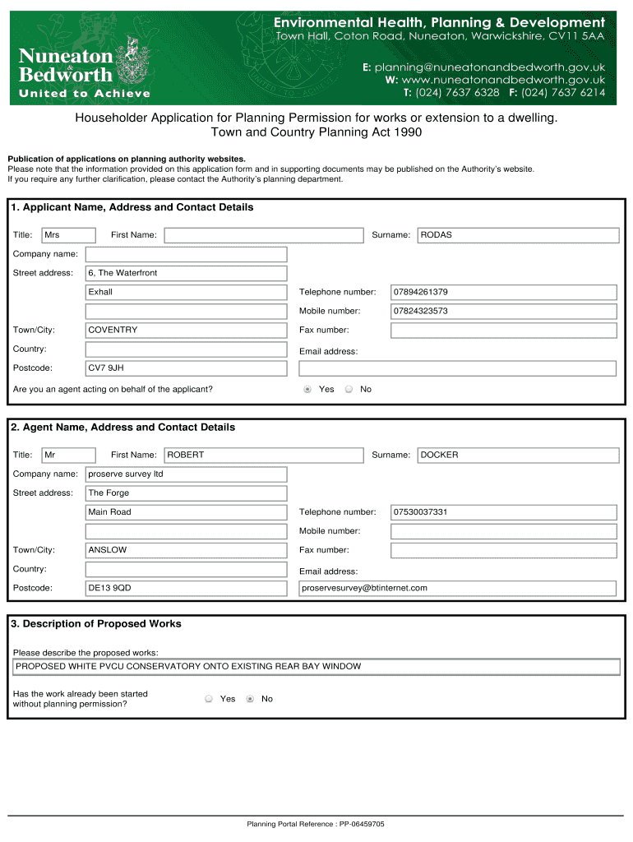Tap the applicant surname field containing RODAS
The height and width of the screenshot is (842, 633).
click(x=518, y=235)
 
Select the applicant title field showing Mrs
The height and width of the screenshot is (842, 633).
click(x=68, y=235)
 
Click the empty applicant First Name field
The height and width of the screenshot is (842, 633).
click(x=263, y=235)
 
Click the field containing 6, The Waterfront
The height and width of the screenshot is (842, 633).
click(x=187, y=273)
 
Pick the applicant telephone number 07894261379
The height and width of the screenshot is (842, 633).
click(x=503, y=293)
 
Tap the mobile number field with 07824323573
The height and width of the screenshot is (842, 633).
click(x=503, y=312)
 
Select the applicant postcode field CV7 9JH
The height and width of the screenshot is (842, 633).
click(x=187, y=368)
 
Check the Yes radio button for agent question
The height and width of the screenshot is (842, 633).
click(x=307, y=390)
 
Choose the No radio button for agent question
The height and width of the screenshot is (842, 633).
click(x=349, y=390)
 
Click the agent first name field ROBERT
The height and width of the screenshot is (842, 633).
click(x=263, y=456)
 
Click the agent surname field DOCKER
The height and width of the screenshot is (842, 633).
click(x=518, y=456)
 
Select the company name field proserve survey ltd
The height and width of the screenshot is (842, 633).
click(x=187, y=474)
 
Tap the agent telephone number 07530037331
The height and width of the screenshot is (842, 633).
click(x=503, y=512)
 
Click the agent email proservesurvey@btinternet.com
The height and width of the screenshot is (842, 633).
click(x=457, y=589)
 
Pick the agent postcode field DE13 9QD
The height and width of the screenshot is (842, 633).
click(x=187, y=589)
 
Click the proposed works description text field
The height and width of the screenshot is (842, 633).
click(x=316, y=667)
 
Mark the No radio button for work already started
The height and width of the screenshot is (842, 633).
click(x=250, y=699)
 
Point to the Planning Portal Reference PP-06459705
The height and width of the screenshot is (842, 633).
click(x=316, y=824)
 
